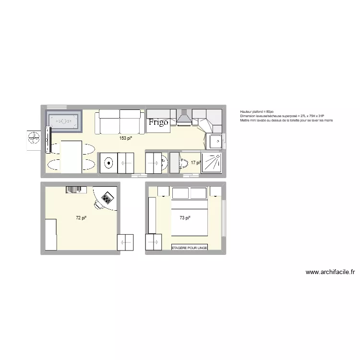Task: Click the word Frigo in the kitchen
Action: click(158, 122)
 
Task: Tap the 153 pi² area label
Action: click(126, 138)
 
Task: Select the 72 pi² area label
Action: click(81, 218)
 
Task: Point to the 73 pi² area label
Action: click(185, 218)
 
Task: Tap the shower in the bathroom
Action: click(212, 163)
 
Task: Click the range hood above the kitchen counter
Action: click(183, 118)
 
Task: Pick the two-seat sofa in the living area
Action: click(120, 122)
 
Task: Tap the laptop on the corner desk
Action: click(107, 197)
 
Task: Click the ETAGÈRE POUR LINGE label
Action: click(190, 247)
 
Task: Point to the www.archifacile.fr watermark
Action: click(330, 272)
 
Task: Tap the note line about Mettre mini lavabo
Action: click(287, 120)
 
